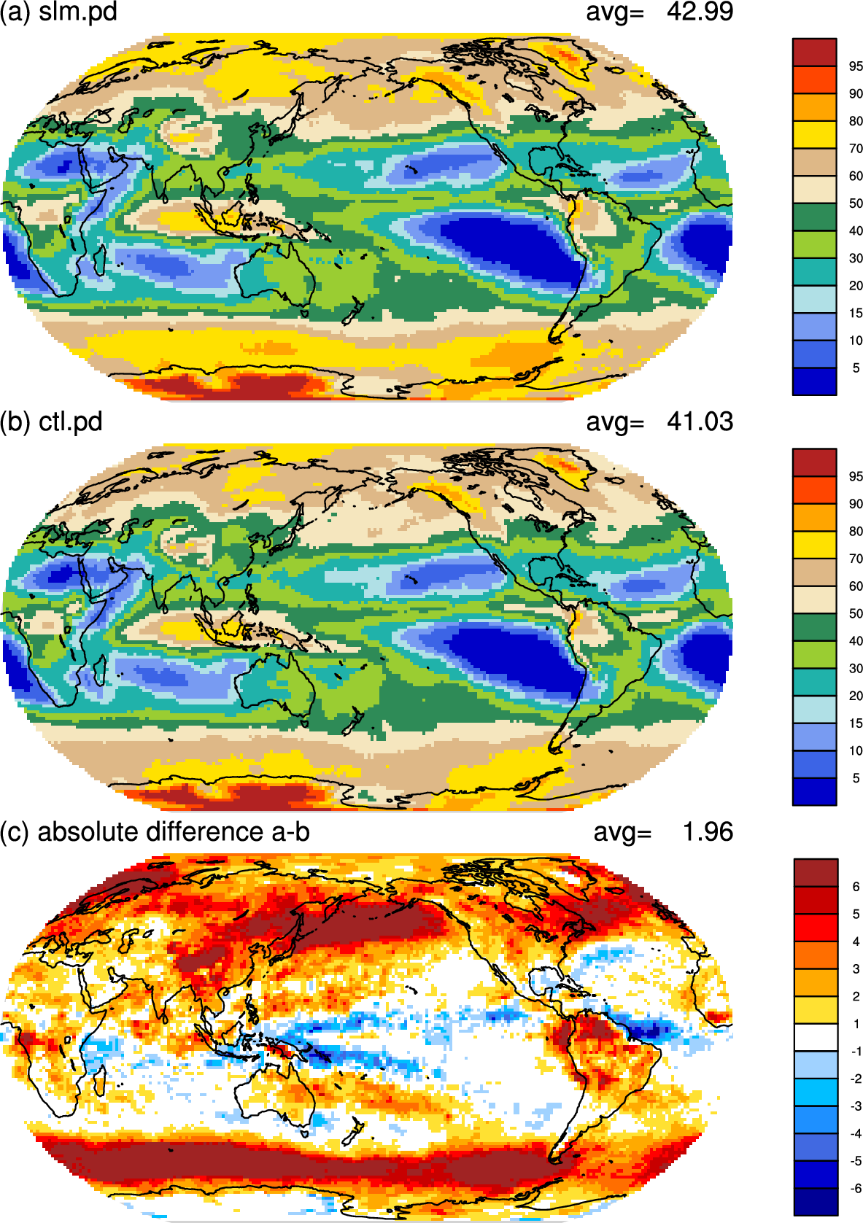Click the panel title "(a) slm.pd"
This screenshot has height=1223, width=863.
pyautogui.click(x=58, y=12)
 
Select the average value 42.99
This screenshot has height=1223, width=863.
pyautogui.click(x=700, y=12)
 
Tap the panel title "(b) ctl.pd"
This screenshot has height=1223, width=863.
pyautogui.click(x=51, y=422)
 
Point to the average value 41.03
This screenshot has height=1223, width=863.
pyautogui.click(x=700, y=422)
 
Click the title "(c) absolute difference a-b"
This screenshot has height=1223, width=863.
pyautogui.click(x=155, y=831)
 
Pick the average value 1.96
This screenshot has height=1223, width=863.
pyautogui.click(x=708, y=831)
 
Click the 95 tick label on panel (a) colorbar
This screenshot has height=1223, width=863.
pyautogui.click(x=856, y=66)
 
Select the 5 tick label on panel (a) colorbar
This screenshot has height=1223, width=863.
pyautogui.click(x=856, y=368)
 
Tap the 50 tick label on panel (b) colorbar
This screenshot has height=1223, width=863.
pyautogui.click(x=856, y=613)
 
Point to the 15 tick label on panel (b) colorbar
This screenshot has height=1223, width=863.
pyautogui.click(x=856, y=723)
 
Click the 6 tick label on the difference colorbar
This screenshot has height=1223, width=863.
pyautogui.click(x=856, y=886)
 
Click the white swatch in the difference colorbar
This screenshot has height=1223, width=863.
pyautogui.click(x=815, y=1037)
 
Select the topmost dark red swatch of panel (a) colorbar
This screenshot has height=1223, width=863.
pyautogui.click(x=814, y=53)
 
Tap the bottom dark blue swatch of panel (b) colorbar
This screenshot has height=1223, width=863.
pyautogui.click(x=814, y=791)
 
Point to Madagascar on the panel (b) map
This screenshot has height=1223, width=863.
pyautogui.click(x=99, y=670)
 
